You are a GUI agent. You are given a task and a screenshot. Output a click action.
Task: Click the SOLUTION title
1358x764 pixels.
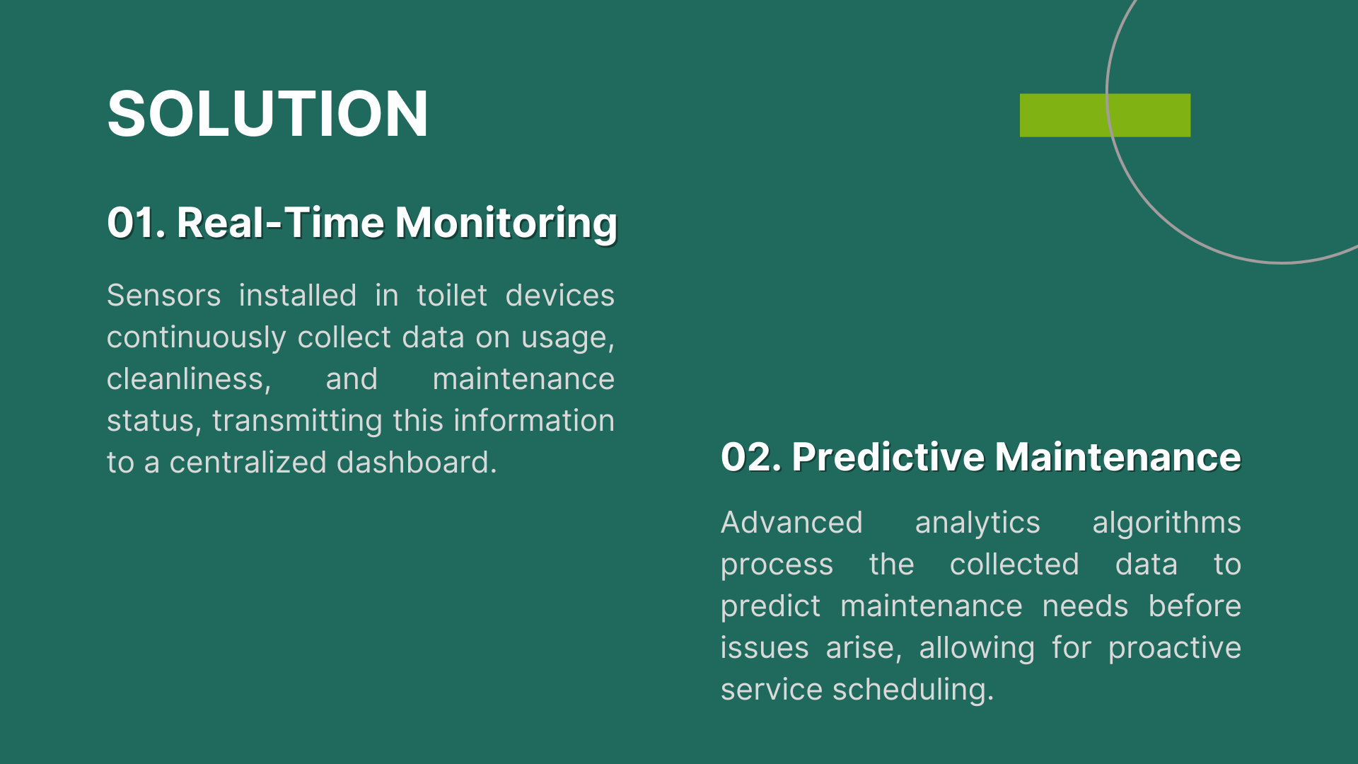(x=267, y=113)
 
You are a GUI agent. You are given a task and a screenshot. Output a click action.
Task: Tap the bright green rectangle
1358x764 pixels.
(x=1105, y=115)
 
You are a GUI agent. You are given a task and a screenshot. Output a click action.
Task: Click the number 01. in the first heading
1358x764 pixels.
(x=137, y=223)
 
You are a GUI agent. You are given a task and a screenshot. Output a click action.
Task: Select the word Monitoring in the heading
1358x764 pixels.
(x=506, y=224)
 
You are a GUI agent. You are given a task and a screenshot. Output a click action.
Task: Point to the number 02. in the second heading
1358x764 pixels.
(x=751, y=457)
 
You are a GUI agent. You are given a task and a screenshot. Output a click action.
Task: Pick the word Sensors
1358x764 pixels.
(x=164, y=295)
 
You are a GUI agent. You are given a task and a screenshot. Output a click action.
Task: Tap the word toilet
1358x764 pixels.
(x=452, y=295)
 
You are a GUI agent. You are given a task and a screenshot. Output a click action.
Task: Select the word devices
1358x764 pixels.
(x=560, y=295)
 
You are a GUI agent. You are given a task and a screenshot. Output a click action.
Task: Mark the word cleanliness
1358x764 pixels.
(x=189, y=379)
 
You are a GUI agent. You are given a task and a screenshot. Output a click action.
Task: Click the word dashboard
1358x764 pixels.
(x=417, y=463)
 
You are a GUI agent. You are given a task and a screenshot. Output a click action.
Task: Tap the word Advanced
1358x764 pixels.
(x=791, y=523)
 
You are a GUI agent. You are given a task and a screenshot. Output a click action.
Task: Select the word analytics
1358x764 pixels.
(x=977, y=523)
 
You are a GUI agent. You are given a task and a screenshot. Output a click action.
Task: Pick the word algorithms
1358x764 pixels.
(x=1167, y=523)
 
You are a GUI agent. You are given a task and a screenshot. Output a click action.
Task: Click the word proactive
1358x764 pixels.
(x=1175, y=649)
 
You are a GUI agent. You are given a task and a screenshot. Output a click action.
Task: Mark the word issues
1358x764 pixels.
(x=765, y=648)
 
